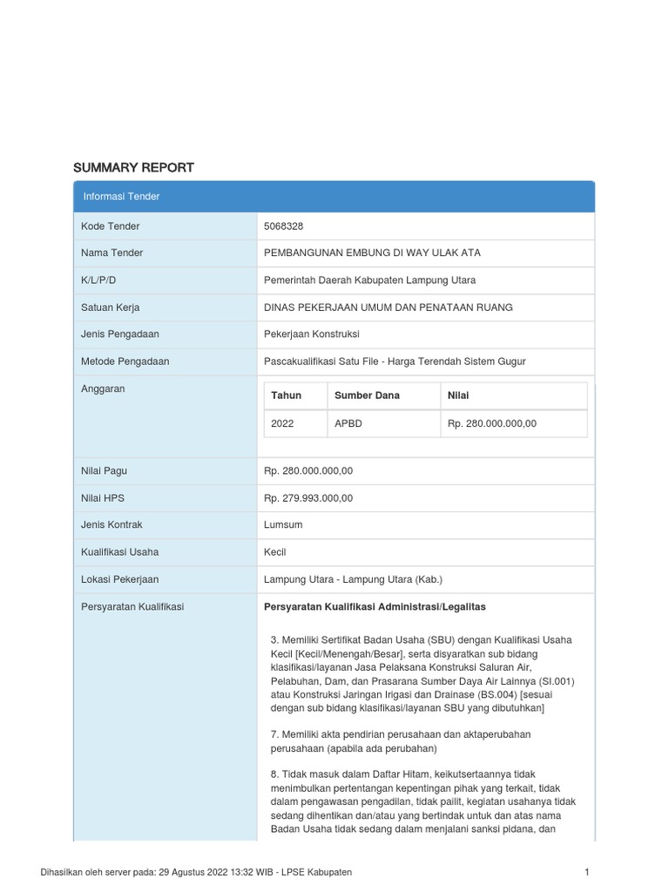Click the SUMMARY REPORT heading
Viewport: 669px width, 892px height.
click(133, 167)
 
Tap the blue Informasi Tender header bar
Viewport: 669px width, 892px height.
click(334, 197)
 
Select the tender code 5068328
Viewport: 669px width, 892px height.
click(283, 226)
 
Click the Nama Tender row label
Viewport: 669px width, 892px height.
click(111, 253)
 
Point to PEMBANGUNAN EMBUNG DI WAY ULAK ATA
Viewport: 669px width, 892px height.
click(372, 253)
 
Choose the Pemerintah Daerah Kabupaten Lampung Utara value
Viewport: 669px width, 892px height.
click(369, 280)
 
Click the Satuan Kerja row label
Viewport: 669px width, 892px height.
click(110, 307)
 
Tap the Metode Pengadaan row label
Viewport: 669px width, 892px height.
click(125, 362)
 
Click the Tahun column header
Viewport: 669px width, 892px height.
click(286, 395)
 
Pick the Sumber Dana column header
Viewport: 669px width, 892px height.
click(367, 395)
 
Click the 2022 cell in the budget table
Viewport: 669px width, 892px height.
click(282, 423)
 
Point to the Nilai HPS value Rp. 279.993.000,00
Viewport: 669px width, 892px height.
click(308, 498)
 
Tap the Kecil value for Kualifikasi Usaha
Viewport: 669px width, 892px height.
click(274, 552)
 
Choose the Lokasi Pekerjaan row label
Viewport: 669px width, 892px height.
click(119, 579)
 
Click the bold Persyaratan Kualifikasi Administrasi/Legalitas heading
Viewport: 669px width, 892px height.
click(375, 606)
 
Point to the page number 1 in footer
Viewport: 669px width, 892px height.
click(587, 872)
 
